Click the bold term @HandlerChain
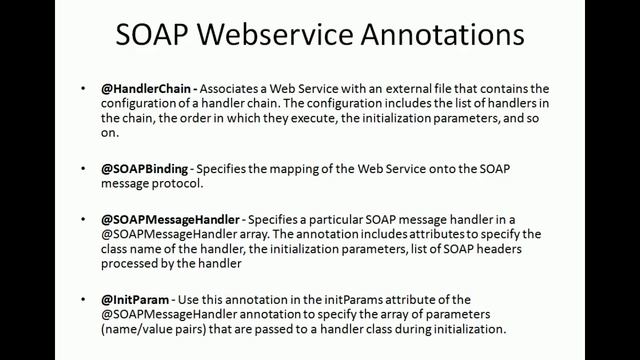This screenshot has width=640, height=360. tap(142, 89)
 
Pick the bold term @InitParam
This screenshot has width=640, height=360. tap(130, 299)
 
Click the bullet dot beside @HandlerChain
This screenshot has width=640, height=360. tap(84, 89)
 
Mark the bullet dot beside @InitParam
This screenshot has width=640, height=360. tap(84, 299)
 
